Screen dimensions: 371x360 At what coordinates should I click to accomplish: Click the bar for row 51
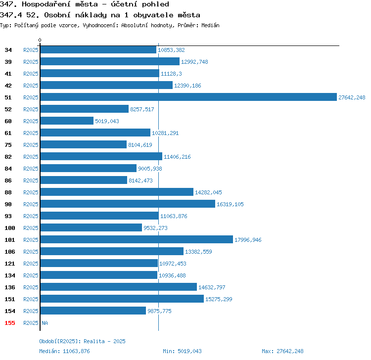click(188, 97)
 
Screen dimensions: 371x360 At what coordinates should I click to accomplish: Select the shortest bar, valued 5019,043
click(67, 121)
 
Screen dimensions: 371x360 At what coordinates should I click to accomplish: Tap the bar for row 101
click(137, 239)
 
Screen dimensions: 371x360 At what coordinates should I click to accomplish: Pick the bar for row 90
click(128, 204)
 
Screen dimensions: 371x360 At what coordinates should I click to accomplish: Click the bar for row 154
click(93, 311)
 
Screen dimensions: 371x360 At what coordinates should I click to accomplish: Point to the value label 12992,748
click(194, 62)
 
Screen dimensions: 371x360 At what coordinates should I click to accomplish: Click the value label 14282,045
click(208, 192)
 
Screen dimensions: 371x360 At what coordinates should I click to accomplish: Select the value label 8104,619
click(140, 145)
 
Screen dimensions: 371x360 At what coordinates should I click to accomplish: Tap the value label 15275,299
click(219, 299)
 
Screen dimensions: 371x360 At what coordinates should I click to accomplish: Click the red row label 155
click(10, 323)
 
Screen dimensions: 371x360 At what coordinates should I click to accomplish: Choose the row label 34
click(8, 50)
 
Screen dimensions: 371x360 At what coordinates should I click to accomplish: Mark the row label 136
click(10, 287)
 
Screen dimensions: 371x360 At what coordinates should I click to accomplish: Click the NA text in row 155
click(45, 323)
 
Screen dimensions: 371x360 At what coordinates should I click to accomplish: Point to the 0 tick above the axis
click(40, 40)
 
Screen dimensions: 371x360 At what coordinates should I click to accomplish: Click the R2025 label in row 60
click(31, 121)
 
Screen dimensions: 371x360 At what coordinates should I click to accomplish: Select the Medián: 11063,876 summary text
click(64, 351)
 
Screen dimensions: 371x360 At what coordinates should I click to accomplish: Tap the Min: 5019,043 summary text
click(182, 351)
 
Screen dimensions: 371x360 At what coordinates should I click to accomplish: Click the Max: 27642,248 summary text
click(282, 351)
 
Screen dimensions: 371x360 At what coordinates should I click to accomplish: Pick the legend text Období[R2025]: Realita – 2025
click(82, 341)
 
